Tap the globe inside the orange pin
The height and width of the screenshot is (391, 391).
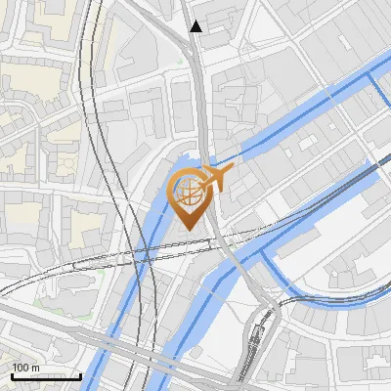[189, 193]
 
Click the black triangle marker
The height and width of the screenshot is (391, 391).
[196, 26]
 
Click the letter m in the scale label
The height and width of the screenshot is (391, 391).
[34, 368]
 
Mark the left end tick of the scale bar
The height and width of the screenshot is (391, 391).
[12, 375]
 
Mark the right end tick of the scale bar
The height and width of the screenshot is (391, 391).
[80, 375]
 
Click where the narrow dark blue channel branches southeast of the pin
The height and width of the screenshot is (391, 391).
[266, 252]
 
